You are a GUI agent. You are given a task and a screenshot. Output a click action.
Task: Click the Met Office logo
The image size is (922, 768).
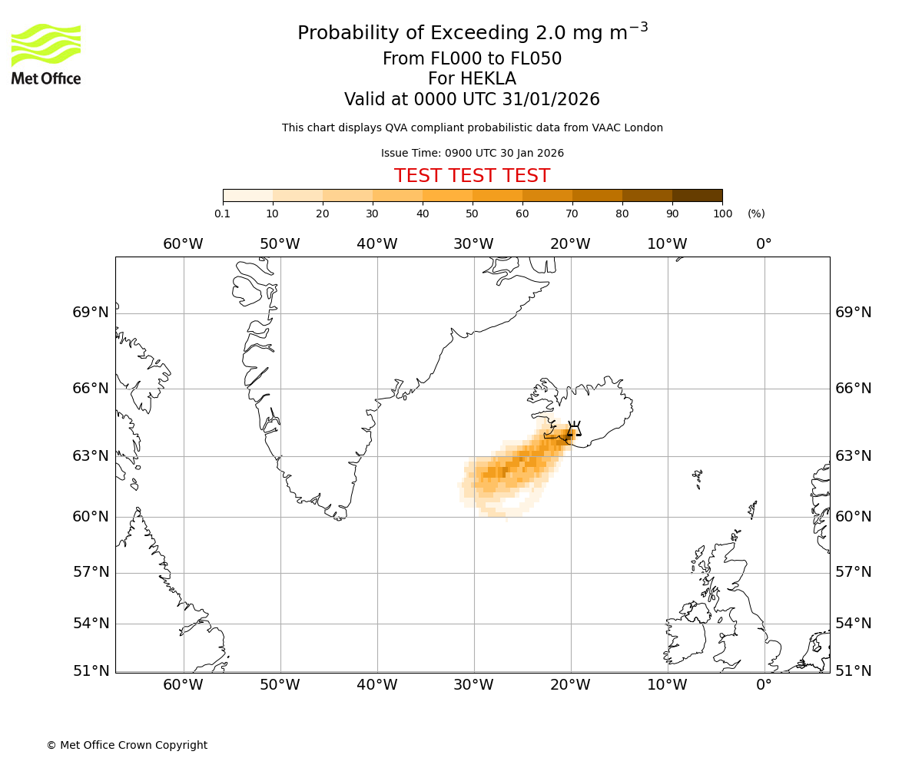[x=46, y=54]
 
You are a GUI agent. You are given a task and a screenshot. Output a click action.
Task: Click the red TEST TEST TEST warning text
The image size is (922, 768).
[x=472, y=176]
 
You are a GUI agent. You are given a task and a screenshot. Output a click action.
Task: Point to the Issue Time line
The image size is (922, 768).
[x=472, y=153]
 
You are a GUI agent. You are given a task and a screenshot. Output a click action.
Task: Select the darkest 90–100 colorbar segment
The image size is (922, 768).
[x=697, y=196]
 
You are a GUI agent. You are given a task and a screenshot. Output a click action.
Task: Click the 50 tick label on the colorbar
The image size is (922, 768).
[x=472, y=214]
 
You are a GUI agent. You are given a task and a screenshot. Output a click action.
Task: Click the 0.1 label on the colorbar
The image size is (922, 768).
[x=223, y=214]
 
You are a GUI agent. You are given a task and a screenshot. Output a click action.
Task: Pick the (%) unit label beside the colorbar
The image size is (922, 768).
[x=756, y=214]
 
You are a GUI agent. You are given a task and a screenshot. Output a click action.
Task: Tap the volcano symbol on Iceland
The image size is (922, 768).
[x=573, y=429]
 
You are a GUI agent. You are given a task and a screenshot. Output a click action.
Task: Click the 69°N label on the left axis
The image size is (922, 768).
[x=91, y=313]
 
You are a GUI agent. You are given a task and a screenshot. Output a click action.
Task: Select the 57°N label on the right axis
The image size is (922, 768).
[x=854, y=572]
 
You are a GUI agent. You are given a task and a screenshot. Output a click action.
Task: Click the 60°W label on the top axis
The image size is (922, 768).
[x=183, y=244]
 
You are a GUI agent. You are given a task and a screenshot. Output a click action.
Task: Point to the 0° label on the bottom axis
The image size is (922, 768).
[x=764, y=685]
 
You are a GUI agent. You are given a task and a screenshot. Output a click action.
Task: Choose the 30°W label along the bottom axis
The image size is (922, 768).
[x=473, y=685]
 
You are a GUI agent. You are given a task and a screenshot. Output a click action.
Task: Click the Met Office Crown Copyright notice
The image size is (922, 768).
[x=127, y=745]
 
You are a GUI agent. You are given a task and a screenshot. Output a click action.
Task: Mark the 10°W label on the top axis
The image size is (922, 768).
[x=667, y=244]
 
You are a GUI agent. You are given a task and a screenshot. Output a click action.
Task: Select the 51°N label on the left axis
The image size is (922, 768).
[x=91, y=671]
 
